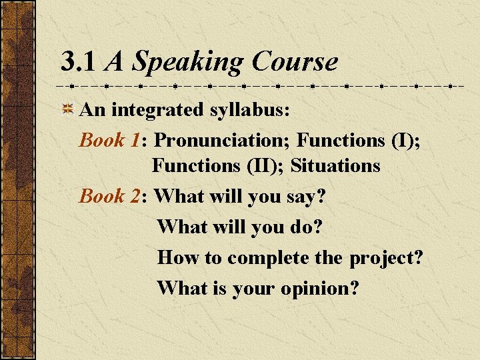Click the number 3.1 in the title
click(79, 62)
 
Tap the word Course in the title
click(295, 62)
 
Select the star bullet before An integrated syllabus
click(67, 110)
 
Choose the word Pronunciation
click(223, 140)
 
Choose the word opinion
click(319, 289)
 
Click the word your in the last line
click(254, 289)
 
